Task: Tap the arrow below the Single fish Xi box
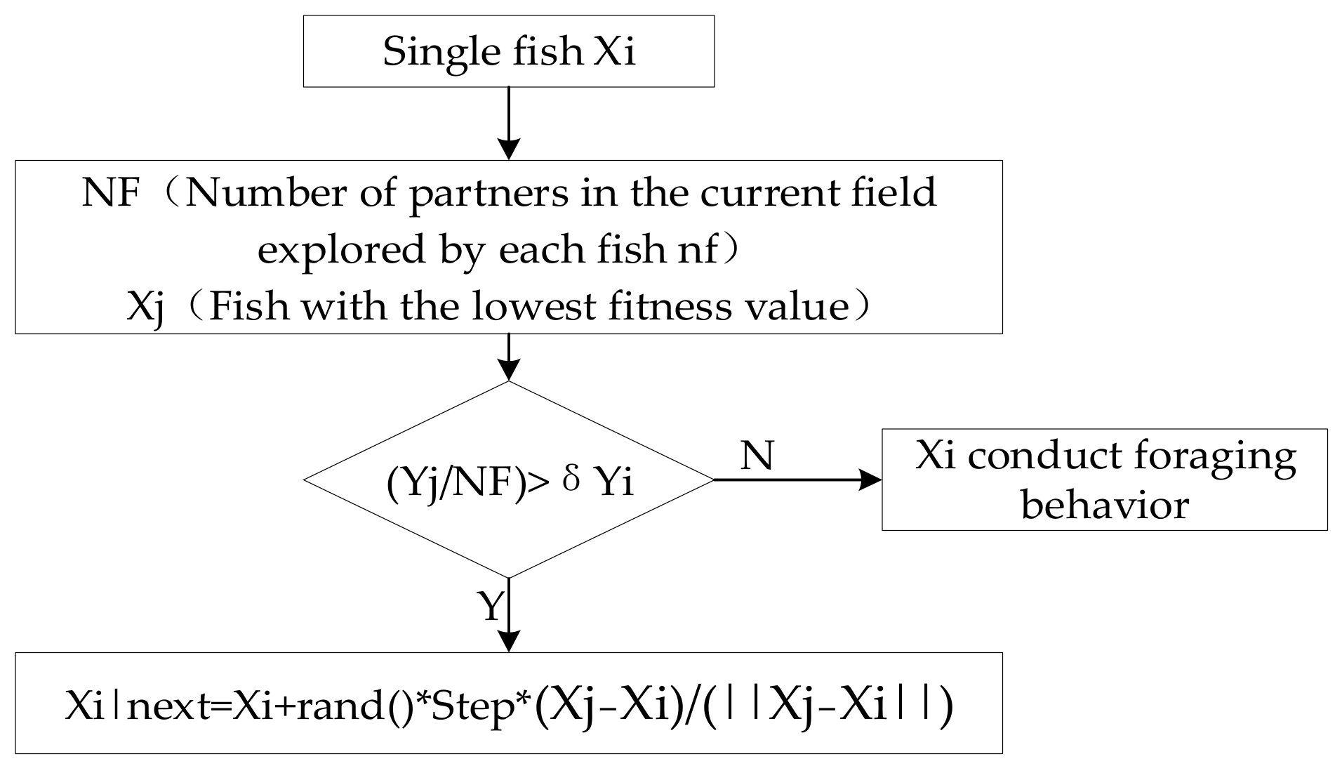508,123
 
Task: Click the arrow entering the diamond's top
508,357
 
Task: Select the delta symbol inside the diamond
572,482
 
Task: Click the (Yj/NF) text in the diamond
456,484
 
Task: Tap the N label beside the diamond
757,456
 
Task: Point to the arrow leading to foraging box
797,480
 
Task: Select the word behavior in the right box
1105,505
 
